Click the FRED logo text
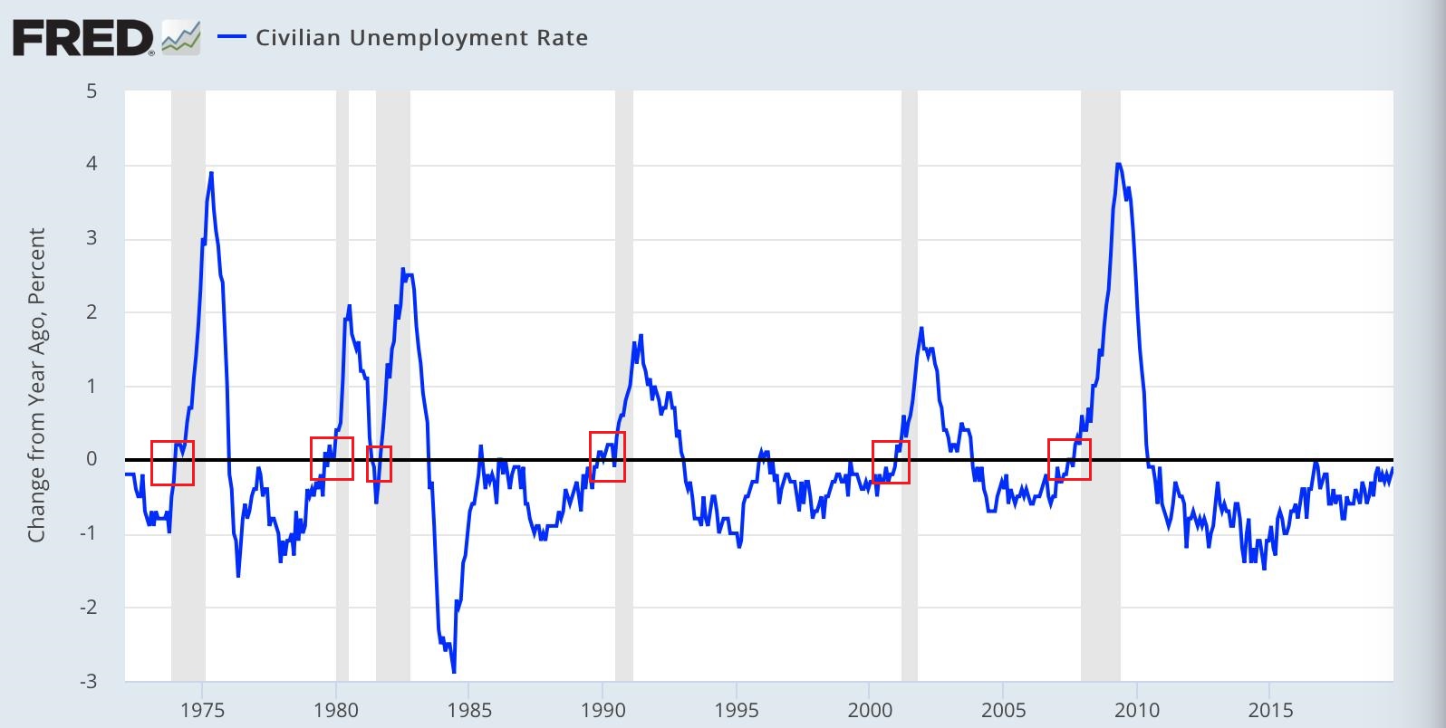pos(82,38)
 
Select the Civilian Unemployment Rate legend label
pos(421,38)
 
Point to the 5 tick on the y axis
pos(92,91)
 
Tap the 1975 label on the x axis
pos(203,708)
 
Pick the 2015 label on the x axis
pos(1269,708)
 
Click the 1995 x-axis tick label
pos(737,708)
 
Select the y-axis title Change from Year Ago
pos(36,385)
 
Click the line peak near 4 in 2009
pos(1118,165)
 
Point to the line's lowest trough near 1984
pos(453,672)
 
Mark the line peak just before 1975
pos(211,173)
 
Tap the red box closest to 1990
pos(607,456)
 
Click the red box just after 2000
pos(891,462)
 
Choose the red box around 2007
pos(1069,459)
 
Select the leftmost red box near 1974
pos(172,463)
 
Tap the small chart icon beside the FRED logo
pos(180,39)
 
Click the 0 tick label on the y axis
pos(92,459)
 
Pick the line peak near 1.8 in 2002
pos(921,328)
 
